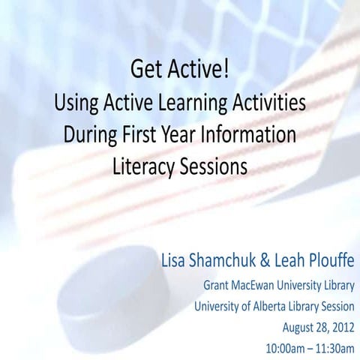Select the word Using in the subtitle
(76, 103)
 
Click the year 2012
(337, 328)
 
